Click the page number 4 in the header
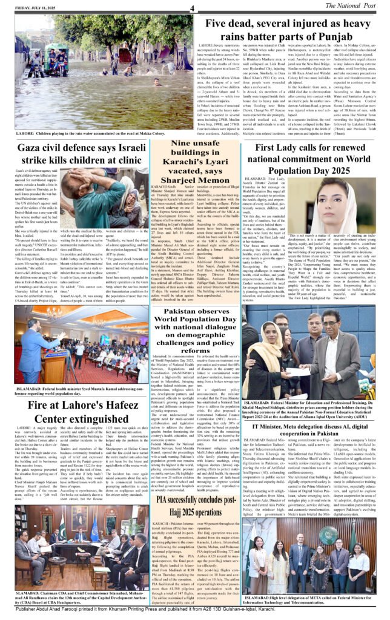coord(191,8)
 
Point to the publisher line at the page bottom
coord(194,613)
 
